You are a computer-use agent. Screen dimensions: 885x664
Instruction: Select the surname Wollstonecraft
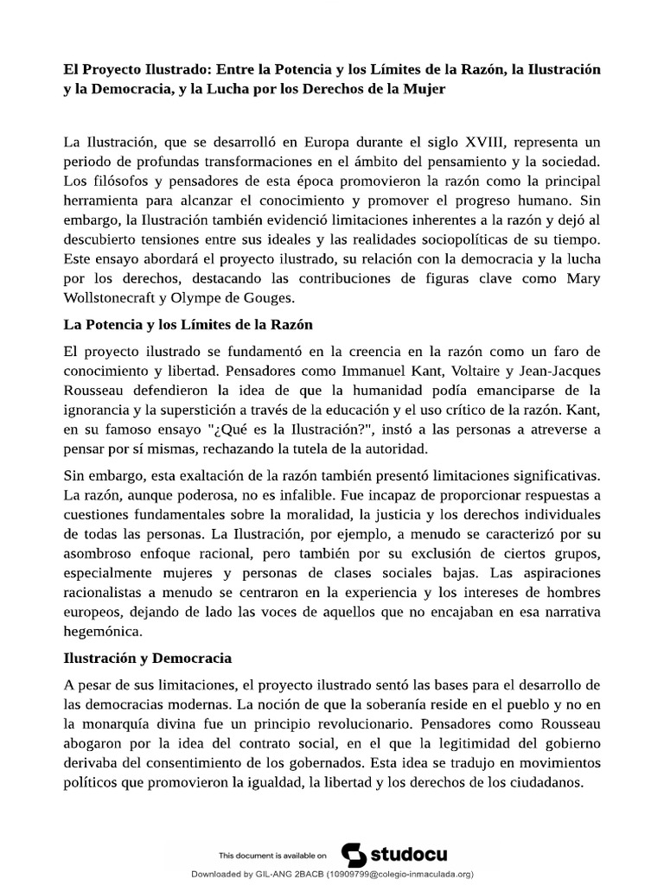[x=122, y=298]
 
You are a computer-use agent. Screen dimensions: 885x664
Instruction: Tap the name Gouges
[x=269, y=298]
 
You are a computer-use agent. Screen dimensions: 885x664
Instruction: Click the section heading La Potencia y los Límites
[x=188, y=326]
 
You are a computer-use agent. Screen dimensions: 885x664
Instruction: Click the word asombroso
[x=102, y=554]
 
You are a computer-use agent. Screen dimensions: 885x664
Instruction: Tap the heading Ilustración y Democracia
[x=148, y=659]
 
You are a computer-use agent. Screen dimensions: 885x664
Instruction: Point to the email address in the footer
[x=399, y=874]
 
